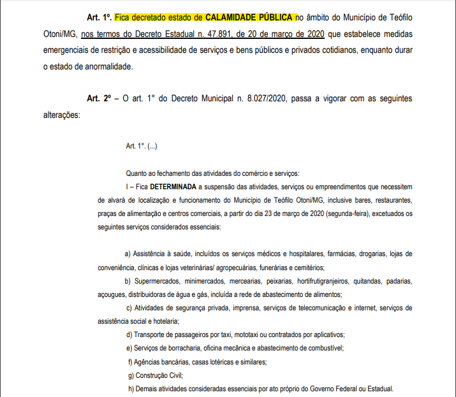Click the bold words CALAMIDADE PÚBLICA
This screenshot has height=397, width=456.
click(x=250, y=17)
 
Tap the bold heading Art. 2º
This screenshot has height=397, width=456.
click(x=99, y=99)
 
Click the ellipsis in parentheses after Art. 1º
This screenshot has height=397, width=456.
click(x=152, y=147)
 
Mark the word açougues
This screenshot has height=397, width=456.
click(x=112, y=294)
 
